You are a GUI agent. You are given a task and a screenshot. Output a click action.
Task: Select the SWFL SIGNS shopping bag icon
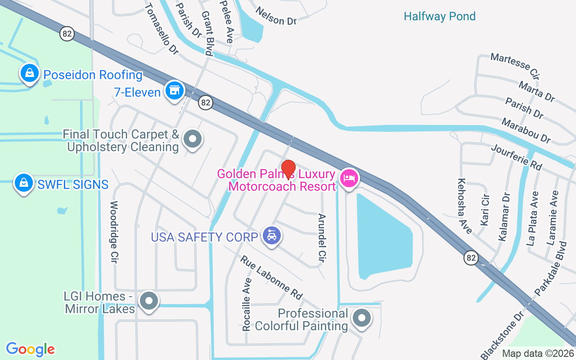[x=24, y=183]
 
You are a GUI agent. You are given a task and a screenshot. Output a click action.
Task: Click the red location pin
[x=288, y=169]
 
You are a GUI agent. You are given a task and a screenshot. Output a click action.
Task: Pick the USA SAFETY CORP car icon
[x=271, y=236]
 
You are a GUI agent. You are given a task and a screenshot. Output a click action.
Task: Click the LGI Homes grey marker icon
[x=149, y=301]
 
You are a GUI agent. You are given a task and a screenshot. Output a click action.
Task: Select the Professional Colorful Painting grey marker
[x=361, y=318]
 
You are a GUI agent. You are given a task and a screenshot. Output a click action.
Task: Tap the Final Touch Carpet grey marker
[x=193, y=139]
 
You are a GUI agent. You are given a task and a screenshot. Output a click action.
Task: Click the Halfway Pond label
[x=439, y=17]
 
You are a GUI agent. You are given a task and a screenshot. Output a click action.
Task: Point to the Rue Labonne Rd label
[x=271, y=278]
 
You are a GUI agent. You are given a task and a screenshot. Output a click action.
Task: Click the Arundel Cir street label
[x=322, y=238]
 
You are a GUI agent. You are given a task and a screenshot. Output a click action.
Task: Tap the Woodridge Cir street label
[x=114, y=232]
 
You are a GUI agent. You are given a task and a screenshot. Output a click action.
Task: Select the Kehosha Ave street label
[x=464, y=206]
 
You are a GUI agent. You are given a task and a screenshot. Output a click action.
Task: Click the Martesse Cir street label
[x=515, y=65]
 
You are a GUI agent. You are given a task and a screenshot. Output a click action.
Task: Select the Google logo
[x=30, y=349]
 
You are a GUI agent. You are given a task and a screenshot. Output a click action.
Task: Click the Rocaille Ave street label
[x=247, y=304]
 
